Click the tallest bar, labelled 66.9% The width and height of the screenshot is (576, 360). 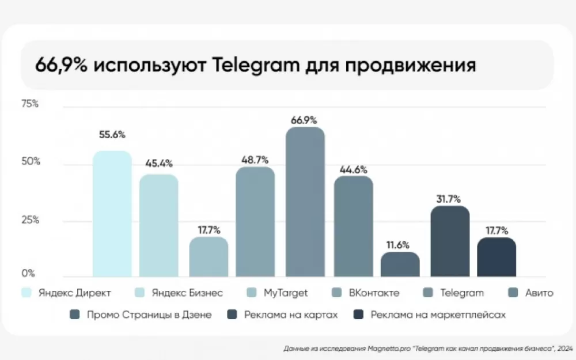305,202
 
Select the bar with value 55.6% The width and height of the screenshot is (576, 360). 112,214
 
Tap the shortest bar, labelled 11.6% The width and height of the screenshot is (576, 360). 400,264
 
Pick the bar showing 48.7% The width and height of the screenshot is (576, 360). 255,222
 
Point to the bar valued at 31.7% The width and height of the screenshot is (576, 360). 450,241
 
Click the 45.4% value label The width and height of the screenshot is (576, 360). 159,164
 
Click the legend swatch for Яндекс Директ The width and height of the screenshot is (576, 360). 26,293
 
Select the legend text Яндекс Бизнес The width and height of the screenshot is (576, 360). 187,293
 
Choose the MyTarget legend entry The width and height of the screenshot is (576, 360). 286,293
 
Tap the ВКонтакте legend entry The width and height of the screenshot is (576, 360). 374,293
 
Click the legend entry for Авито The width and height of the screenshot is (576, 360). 539,293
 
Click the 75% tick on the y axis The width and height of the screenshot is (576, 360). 30,104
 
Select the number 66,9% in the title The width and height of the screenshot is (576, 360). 61,65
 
